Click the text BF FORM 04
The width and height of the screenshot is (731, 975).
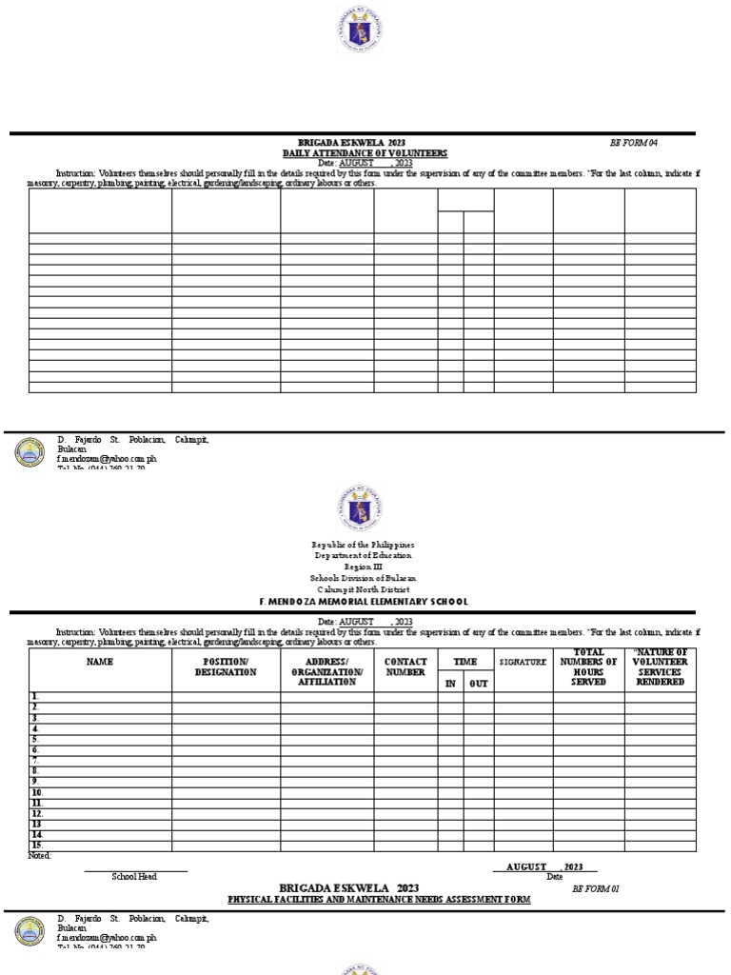click(633, 143)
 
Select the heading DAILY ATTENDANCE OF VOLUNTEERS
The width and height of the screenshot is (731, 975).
click(365, 153)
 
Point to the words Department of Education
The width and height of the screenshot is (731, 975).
click(365, 556)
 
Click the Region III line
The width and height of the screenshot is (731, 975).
click(365, 567)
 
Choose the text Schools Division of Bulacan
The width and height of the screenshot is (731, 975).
click(365, 578)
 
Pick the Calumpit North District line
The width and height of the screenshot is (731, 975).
click(365, 589)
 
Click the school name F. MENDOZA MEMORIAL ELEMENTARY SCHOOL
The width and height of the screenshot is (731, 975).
click(365, 602)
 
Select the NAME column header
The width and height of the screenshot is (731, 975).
click(100, 662)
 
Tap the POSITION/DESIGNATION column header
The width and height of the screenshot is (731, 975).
click(226, 667)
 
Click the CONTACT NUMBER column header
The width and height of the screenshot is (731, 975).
click(405, 667)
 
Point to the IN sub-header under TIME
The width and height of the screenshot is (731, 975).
click(450, 684)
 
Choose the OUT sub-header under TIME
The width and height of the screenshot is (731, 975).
click(478, 684)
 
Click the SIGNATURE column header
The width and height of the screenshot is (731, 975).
click(524, 662)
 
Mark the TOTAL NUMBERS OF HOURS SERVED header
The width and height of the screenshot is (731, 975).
click(588, 667)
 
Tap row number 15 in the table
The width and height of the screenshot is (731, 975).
click(37, 846)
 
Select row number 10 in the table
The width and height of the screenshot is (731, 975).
click(37, 792)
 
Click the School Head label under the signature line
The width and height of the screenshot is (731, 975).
click(134, 876)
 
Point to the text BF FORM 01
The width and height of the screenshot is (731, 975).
click(596, 888)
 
